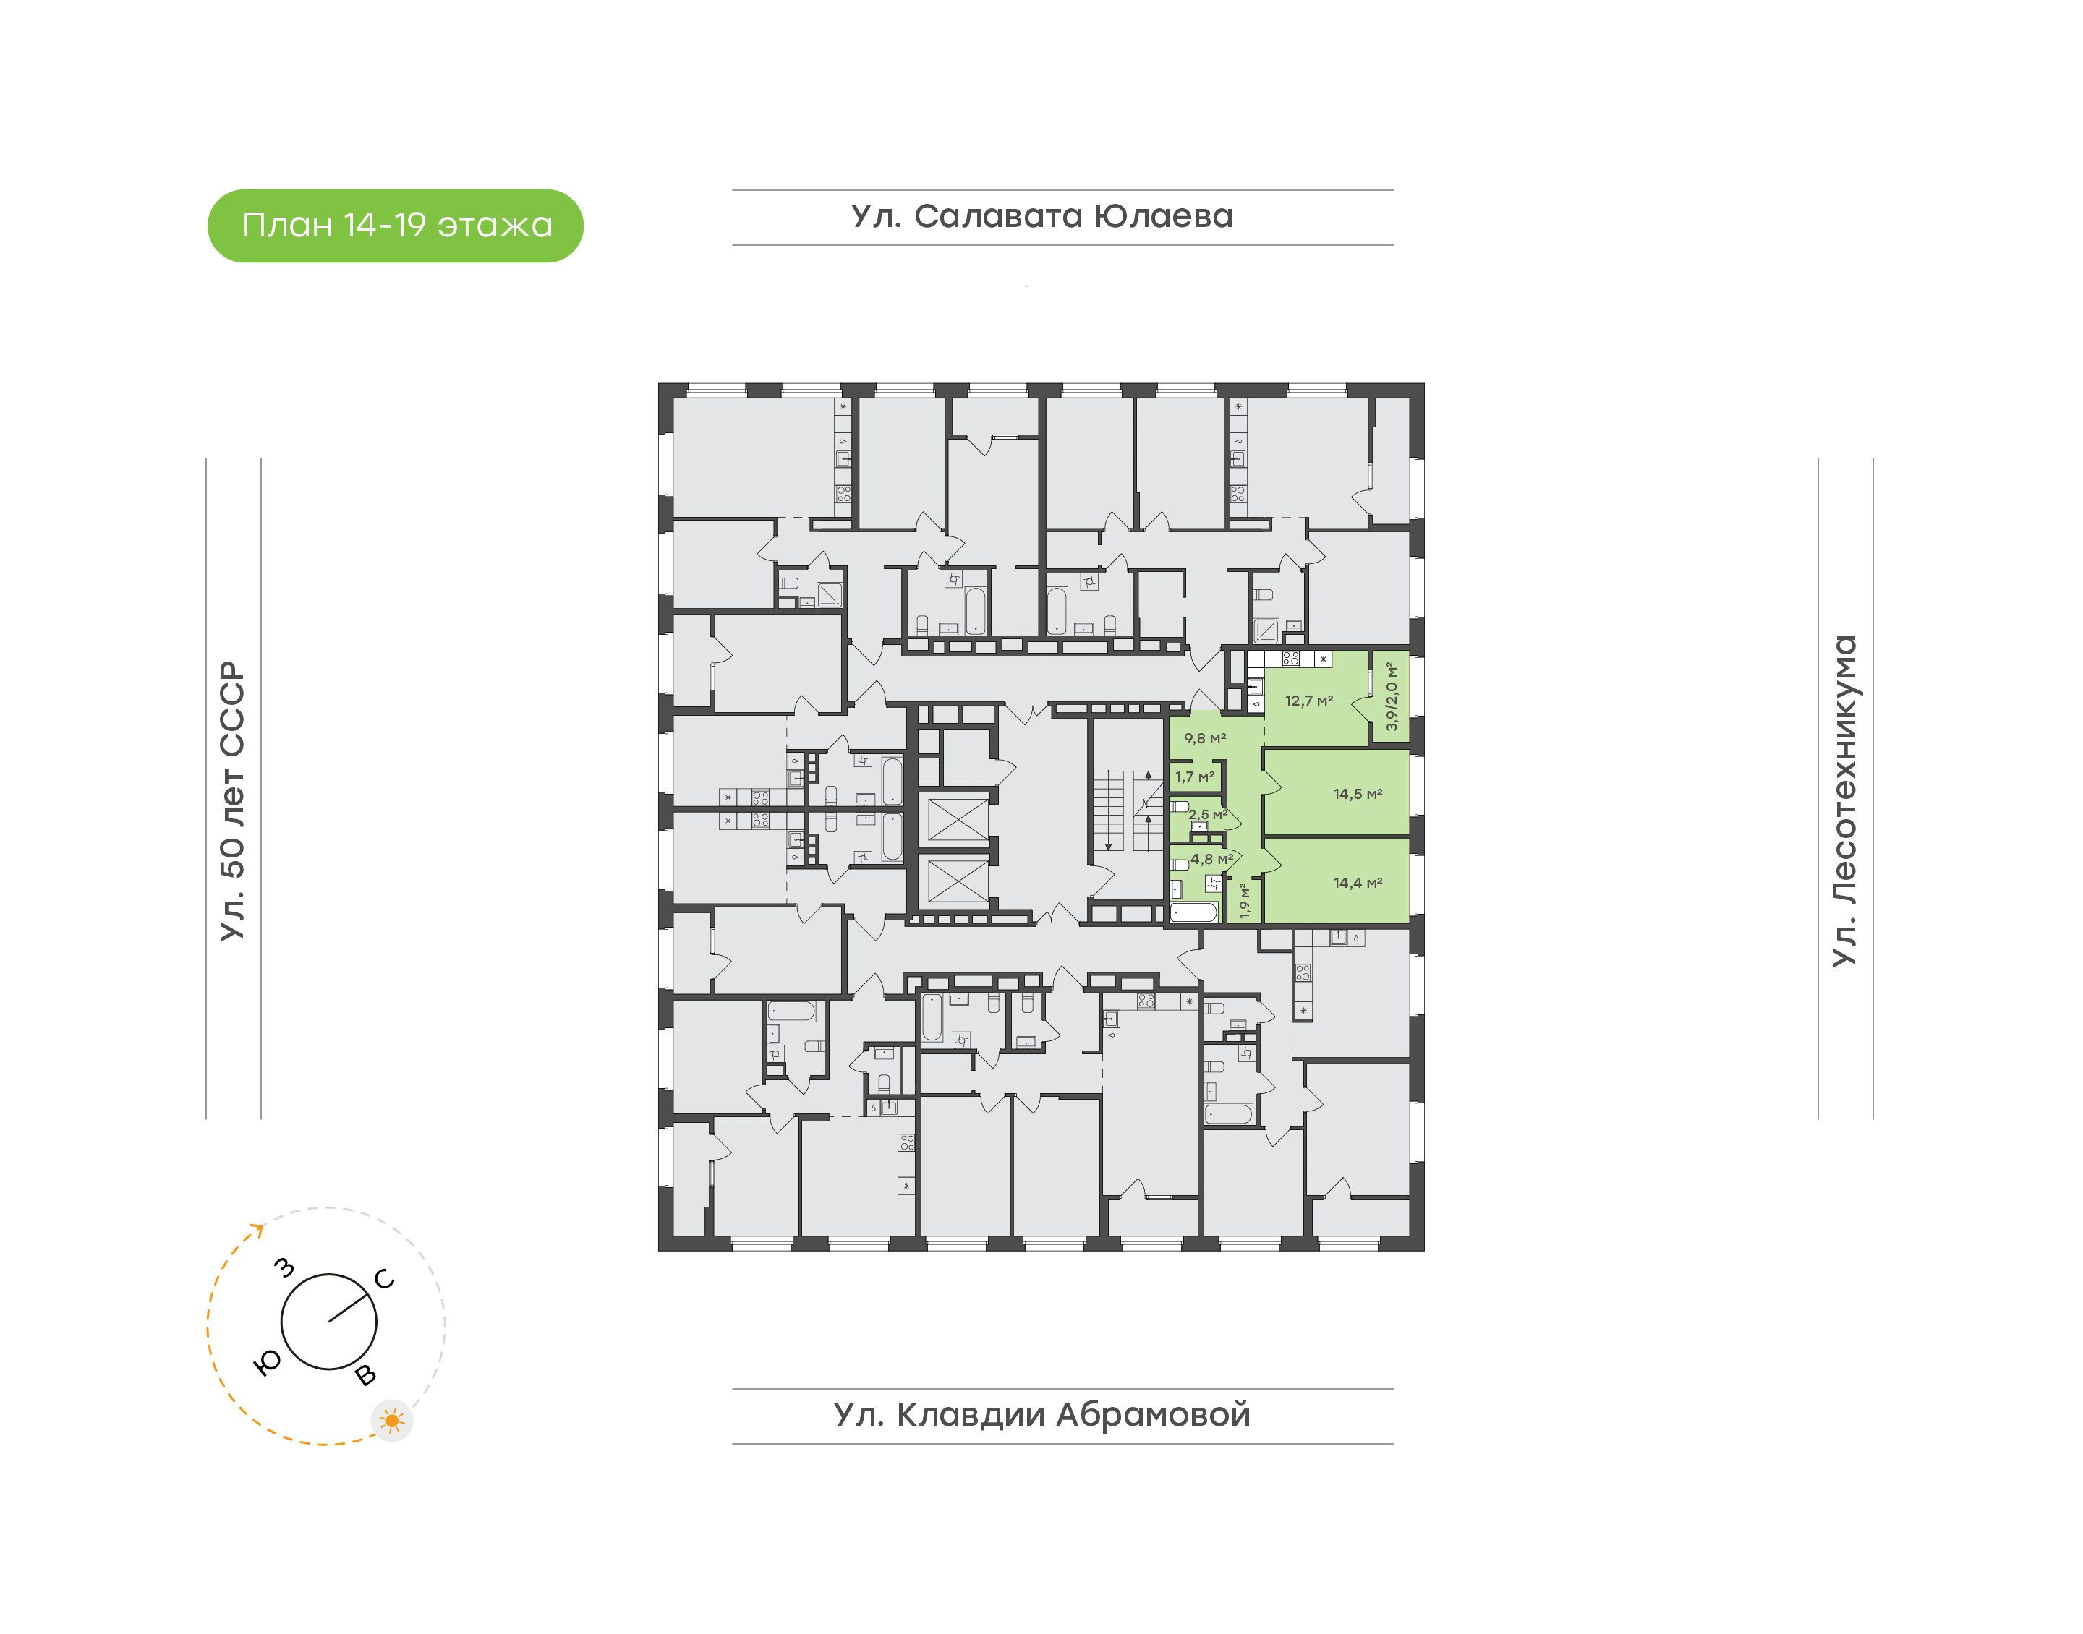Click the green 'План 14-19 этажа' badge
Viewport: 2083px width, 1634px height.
click(395, 226)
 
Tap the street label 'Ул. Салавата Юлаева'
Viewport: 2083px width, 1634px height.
click(1042, 216)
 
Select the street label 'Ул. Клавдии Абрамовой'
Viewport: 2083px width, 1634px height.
click(1042, 1414)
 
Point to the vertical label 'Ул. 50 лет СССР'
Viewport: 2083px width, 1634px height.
click(232, 801)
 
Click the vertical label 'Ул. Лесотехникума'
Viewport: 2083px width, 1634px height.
click(1844, 801)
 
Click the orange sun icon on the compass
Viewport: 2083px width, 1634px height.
click(391, 1421)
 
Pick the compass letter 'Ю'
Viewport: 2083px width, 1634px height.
click(267, 1362)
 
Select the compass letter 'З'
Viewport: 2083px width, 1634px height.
click(284, 1267)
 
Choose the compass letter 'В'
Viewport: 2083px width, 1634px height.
click(365, 1374)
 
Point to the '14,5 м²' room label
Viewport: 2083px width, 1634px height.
click(1358, 793)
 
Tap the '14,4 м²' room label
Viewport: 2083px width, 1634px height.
click(1358, 882)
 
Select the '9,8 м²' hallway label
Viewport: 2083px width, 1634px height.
click(1205, 737)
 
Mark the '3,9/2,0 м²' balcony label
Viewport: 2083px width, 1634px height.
click(1392, 696)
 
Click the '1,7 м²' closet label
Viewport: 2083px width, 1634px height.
click(1195, 776)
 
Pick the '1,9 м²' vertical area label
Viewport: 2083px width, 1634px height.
click(1244, 900)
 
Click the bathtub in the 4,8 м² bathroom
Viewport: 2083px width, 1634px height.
click(1194, 912)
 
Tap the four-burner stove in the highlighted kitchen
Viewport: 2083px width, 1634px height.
click(1291, 658)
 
